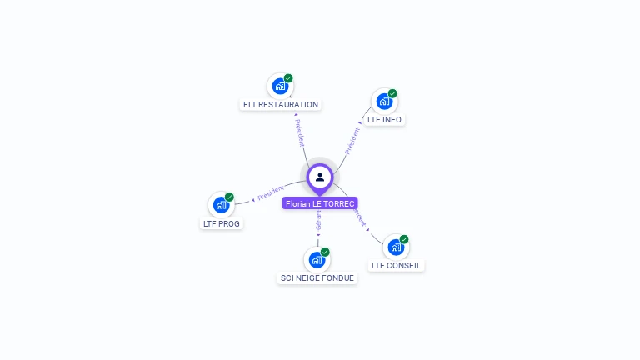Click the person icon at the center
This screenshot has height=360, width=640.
click(320, 177)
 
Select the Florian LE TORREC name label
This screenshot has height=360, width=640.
click(320, 203)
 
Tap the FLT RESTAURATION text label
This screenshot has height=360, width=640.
click(281, 105)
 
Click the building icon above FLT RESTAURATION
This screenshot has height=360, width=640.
click(280, 86)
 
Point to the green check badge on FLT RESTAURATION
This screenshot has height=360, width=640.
click(288, 78)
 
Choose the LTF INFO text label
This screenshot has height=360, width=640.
click(384, 120)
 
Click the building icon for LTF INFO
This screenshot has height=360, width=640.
click(384, 102)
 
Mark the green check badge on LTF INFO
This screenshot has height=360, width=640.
click(392, 93)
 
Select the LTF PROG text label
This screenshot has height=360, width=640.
click(222, 223)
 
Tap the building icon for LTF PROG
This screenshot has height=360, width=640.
click(221, 205)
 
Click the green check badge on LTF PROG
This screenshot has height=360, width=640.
click(229, 197)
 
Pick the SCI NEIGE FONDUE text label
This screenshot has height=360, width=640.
click(317, 278)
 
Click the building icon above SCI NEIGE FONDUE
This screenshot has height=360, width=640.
click(317, 259)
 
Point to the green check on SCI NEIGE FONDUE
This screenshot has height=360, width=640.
click(325, 252)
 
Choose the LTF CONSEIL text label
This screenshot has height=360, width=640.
click(397, 266)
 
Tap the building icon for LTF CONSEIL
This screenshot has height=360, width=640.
click(396, 247)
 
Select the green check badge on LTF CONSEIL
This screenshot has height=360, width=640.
click(404, 239)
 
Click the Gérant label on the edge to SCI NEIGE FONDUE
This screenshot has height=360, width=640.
click(318, 220)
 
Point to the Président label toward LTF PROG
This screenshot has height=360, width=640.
click(271, 193)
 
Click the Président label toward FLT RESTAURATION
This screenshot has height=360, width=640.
click(299, 133)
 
